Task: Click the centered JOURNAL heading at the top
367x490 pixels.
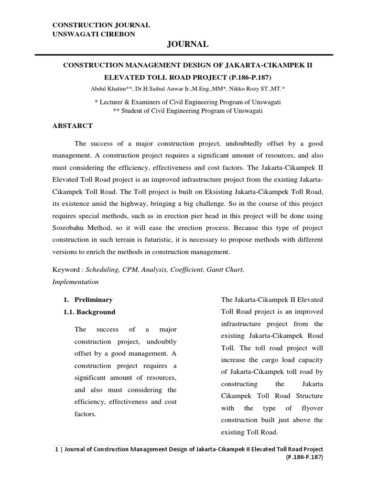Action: [x=187, y=44]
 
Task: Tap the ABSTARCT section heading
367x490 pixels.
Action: [x=72, y=126]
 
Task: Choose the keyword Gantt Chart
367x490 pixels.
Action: [x=225, y=270]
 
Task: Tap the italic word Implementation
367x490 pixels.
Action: [x=75, y=282]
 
